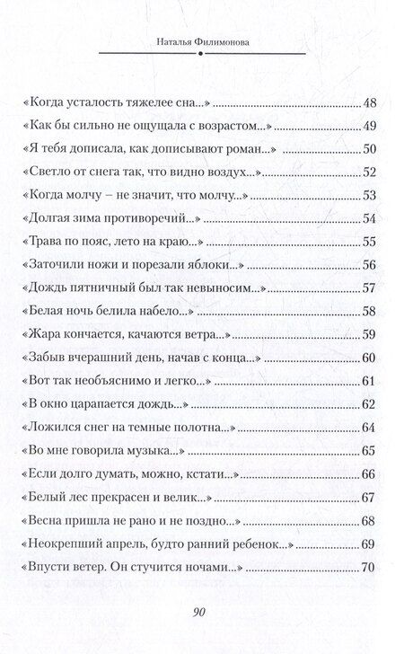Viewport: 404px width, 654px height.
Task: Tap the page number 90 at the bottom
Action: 201,614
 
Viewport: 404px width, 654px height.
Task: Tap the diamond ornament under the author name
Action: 201,51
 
